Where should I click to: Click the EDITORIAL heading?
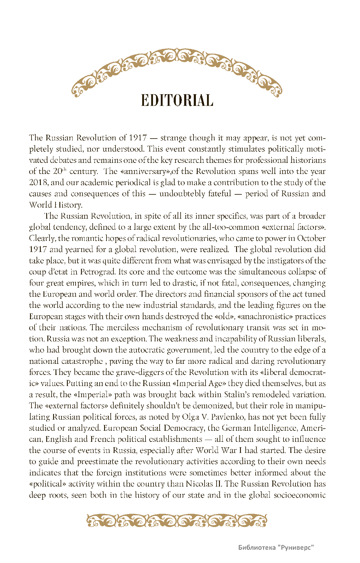(177, 100)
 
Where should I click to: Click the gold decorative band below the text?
(177, 521)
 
